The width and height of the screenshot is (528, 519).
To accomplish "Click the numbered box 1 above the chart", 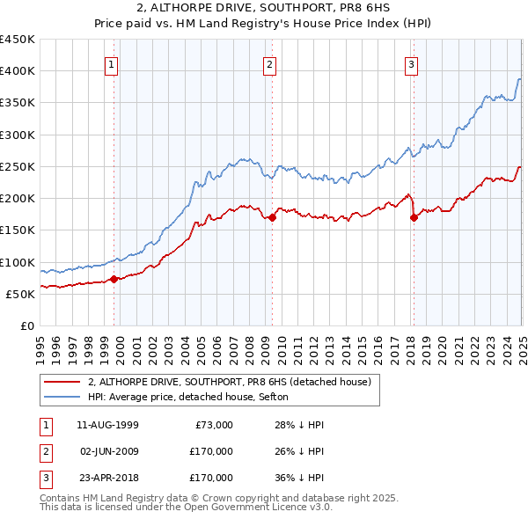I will click(x=113, y=63).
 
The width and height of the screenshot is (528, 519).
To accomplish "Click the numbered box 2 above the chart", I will click(x=268, y=63).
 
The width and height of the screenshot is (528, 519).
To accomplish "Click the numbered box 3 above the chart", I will click(x=411, y=63).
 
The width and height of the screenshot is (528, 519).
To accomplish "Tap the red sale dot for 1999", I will click(x=114, y=280).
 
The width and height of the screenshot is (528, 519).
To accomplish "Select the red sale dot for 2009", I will click(x=273, y=217).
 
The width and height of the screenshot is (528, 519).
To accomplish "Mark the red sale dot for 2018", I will click(x=414, y=217).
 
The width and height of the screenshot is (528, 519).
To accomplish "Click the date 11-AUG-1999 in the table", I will click(x=107, y=425).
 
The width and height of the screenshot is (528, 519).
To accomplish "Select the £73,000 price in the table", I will click(x=213, y=425).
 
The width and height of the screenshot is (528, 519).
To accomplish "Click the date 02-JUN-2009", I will click(x=107, y=451).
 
